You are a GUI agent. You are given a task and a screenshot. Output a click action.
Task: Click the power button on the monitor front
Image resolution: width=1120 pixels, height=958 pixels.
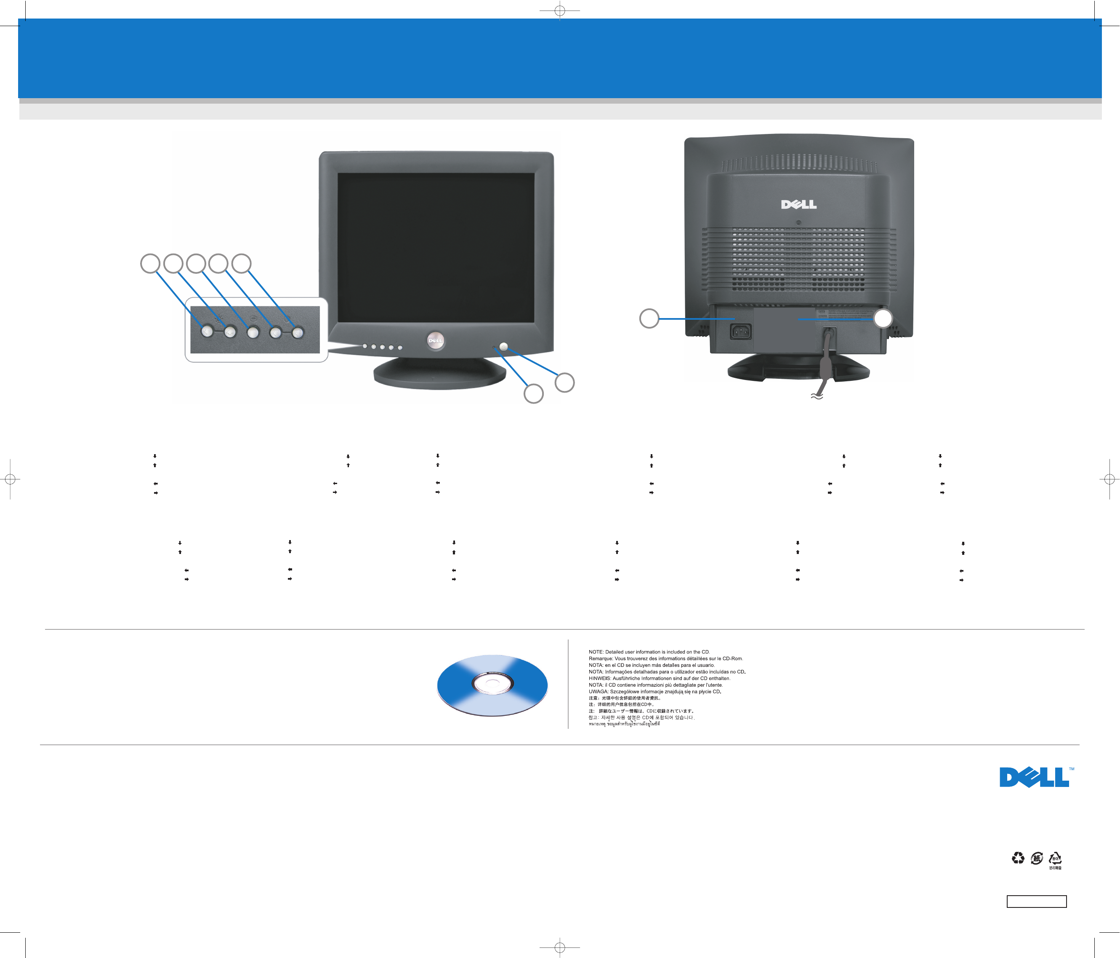504,347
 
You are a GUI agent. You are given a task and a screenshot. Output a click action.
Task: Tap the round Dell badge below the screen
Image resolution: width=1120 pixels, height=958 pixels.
436,340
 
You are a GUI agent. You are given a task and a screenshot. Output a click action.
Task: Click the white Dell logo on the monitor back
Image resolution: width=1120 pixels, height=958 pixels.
798,204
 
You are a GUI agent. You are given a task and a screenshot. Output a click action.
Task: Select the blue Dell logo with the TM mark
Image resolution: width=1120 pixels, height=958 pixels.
1034,777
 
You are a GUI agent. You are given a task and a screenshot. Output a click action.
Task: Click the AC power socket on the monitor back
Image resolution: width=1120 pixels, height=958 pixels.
740,331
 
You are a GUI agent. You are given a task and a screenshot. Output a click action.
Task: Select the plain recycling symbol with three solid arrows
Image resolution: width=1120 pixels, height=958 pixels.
1018,858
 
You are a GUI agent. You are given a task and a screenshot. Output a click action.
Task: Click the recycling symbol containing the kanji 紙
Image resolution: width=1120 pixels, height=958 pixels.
1036,858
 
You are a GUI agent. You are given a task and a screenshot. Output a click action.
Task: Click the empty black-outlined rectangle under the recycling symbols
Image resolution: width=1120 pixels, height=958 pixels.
1036,901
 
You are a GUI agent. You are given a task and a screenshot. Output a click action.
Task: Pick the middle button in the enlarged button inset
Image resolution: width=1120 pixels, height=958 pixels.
253,332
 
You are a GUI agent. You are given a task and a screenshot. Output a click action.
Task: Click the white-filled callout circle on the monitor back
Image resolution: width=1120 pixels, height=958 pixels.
883,318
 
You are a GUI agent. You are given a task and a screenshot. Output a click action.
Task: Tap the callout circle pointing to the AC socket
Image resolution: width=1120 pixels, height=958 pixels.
649,318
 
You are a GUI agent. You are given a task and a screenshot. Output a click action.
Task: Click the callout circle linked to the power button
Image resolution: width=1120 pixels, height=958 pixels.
565,383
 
